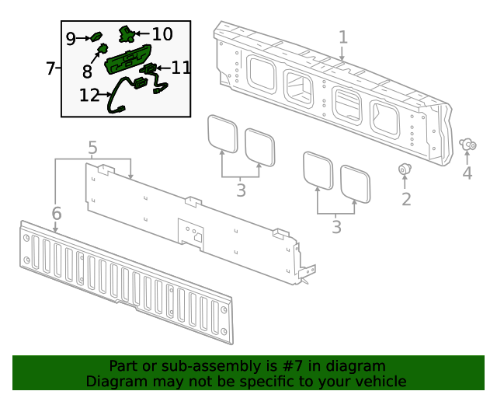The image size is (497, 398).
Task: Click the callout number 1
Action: pos(342,37)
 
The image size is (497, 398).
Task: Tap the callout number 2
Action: pos(405,199)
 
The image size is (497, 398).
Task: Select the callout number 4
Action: pos(467,173)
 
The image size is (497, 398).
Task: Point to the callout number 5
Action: pos(92,147)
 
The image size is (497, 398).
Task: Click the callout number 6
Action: pos(56,213)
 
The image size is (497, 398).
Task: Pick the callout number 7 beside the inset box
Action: pos(50,68)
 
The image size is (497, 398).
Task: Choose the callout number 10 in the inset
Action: pos(162,34)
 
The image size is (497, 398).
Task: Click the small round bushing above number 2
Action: pos(405,169)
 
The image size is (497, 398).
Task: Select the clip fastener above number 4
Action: pos(467,144)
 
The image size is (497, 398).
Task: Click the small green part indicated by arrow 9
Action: pos(97,36)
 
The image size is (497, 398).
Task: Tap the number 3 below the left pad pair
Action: pos(241,190)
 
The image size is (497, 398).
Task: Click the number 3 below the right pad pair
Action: pos(335,227)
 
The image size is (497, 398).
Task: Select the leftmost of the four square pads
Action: pos(222,132)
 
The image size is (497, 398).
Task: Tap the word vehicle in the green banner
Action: pos(379,381)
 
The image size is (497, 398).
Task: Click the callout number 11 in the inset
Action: pos(180,68)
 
